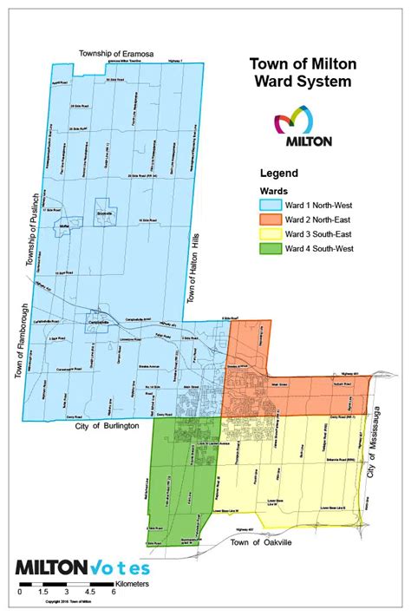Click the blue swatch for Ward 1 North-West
click(273, 205)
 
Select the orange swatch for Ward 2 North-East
click(273, 220)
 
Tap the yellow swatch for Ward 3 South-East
click(273, 235)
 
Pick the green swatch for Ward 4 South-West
click(273, 250)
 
